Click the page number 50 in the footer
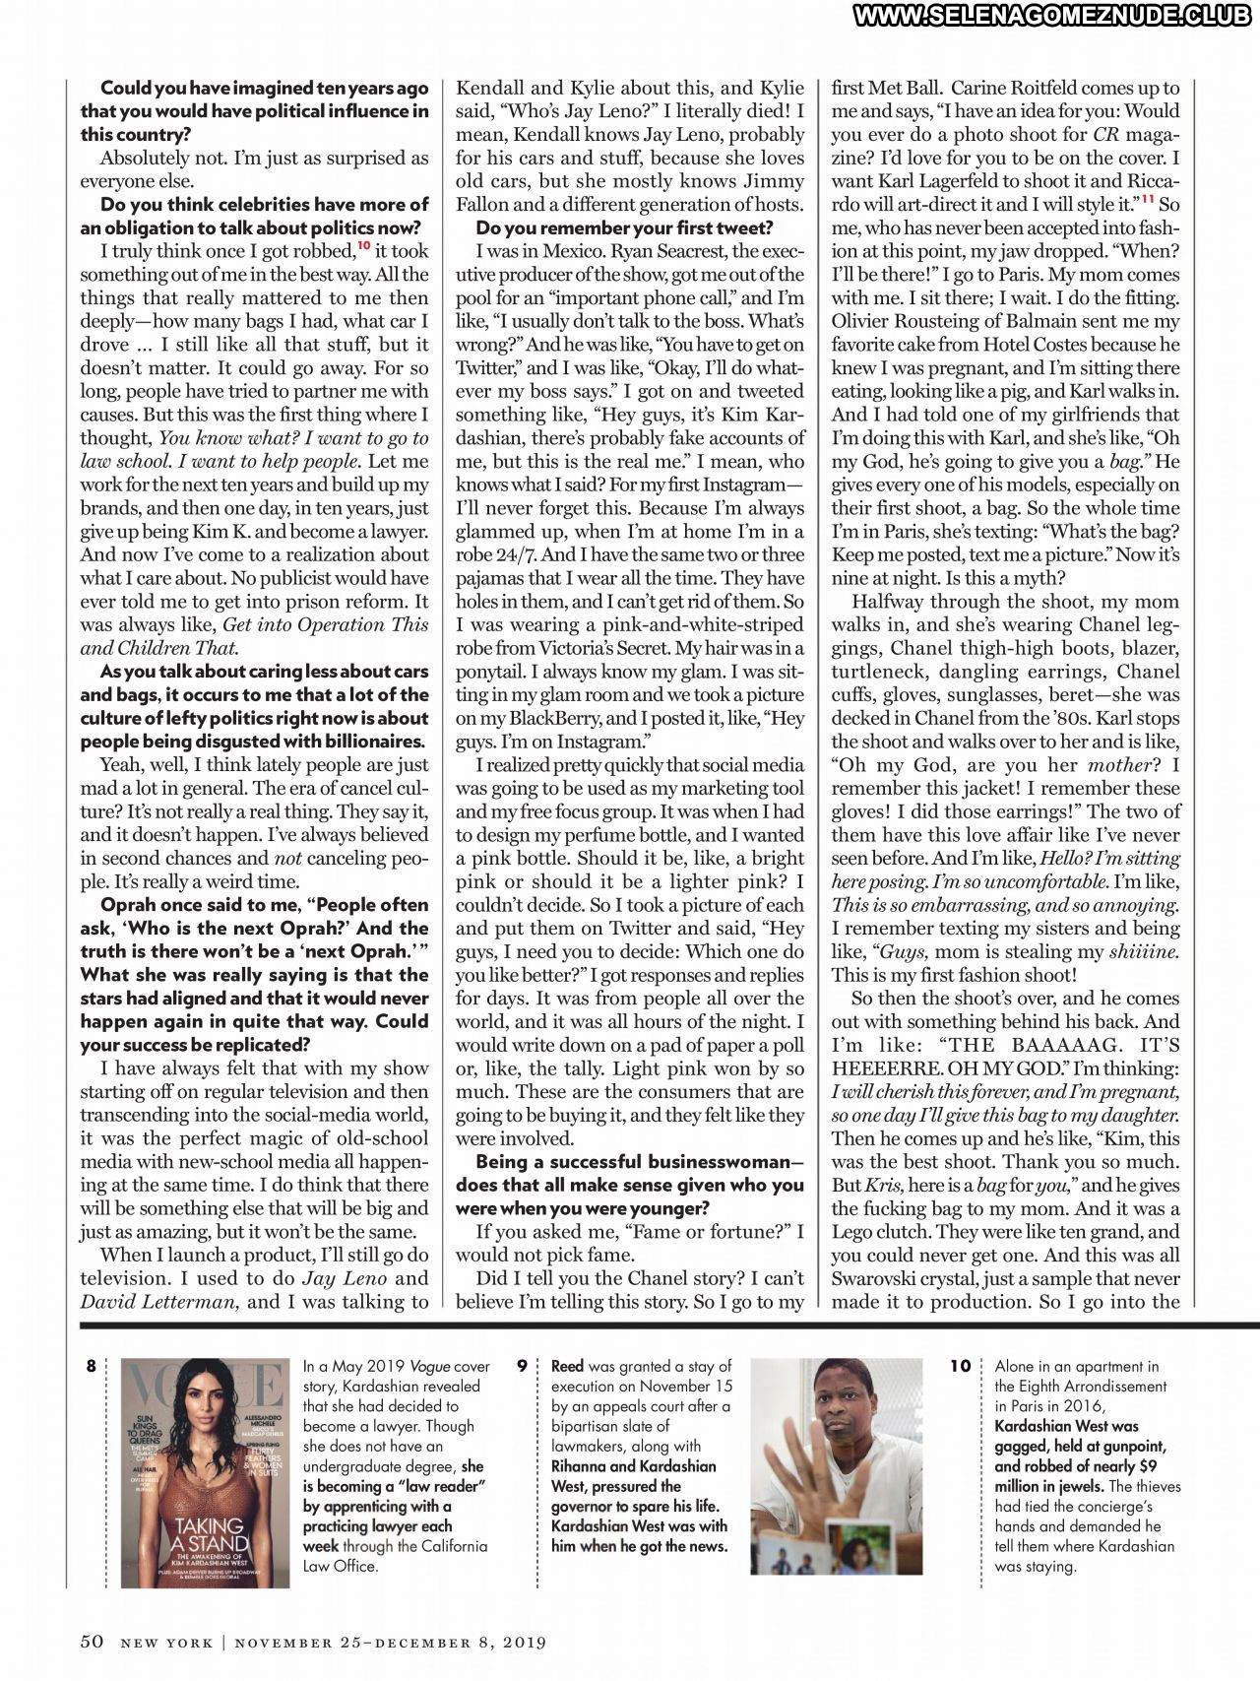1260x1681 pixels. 92,1641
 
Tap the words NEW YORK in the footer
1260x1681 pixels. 166,1643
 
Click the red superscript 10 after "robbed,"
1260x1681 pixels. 363,246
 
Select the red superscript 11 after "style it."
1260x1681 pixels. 1148,199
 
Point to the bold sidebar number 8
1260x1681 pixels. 92,1366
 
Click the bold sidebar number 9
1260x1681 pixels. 523,1366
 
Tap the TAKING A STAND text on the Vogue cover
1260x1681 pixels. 210,1535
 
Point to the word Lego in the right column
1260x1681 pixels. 853,1232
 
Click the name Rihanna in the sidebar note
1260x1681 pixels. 578,1466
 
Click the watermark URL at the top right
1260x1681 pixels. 1052,16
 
